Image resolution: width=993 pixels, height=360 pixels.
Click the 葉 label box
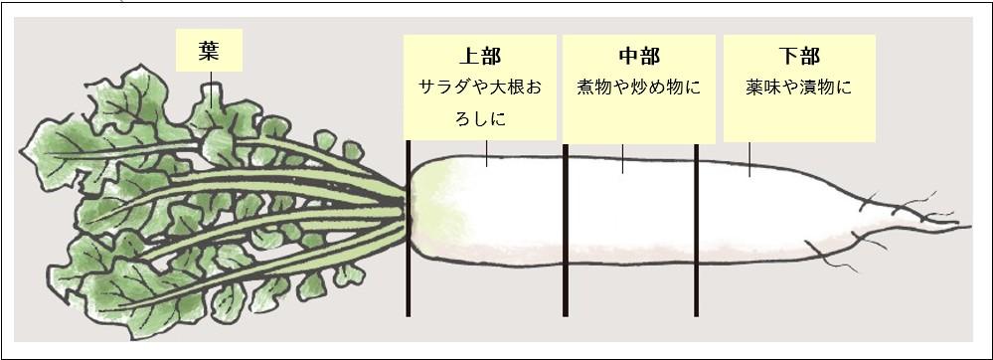(209, 50)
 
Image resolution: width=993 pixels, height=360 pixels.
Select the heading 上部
(479, 56)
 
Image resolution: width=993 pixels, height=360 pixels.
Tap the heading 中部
(638, 56)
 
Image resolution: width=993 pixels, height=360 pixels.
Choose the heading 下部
(799, 56)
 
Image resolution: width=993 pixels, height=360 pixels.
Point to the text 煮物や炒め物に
(638, 88)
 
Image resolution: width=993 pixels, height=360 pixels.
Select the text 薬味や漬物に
(799, 88)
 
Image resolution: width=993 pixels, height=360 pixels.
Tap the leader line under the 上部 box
(486, 153)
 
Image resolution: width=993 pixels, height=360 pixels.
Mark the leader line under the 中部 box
(623, 159)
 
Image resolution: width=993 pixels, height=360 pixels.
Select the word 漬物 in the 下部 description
(822, 88)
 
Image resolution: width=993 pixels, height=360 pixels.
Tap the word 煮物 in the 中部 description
(593, 88)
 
